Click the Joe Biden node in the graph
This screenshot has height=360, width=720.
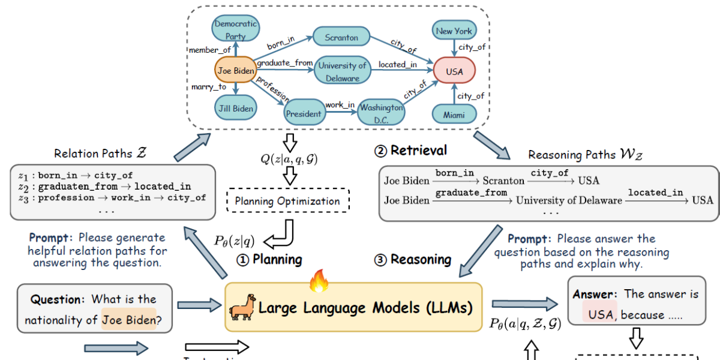(236, 71)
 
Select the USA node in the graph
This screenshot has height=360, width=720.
(454, 71)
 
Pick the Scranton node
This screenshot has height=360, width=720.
(341, 37)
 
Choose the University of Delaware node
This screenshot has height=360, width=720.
(342, 71)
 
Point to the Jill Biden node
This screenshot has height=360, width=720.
(236, 109)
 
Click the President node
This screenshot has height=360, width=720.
(304, 113)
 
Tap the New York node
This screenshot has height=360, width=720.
(454, 31)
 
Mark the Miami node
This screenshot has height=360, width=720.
(454, 114)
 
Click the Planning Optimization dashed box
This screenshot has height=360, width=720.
(287, 201)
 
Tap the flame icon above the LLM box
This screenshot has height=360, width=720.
(319, 280)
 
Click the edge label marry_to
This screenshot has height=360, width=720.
(209, 87)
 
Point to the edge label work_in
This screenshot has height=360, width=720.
(340, 105)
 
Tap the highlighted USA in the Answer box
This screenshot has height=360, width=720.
(601, 314)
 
